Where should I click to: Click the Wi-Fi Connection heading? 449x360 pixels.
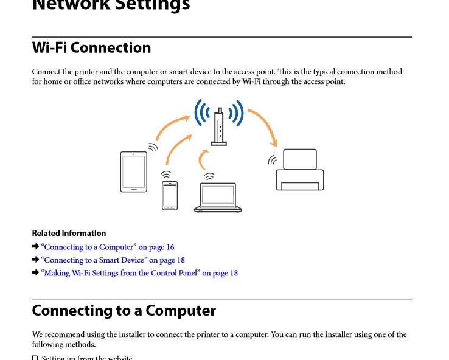coord(91,48)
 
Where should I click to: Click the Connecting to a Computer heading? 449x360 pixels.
coord(124,311)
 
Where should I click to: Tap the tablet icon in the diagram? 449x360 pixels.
coord(133,171)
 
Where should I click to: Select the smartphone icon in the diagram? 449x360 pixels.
coord(170,195)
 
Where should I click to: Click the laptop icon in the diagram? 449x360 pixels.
coord(218,198)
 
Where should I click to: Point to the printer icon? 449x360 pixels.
coord(300,170)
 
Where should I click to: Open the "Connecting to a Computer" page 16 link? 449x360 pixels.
coord(107,247)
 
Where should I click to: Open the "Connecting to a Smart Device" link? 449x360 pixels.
coord(113,260)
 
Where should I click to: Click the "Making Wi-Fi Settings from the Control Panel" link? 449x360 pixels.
coord(139,273)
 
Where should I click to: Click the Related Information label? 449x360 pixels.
coord(69,233)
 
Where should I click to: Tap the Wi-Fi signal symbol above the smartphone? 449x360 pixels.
coord(166,175)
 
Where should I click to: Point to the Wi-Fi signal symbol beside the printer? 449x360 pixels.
coord(273,161)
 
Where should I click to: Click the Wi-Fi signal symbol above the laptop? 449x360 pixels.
coord(209,177)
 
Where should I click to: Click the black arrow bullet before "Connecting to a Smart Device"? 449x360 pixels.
coord(35,260)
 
